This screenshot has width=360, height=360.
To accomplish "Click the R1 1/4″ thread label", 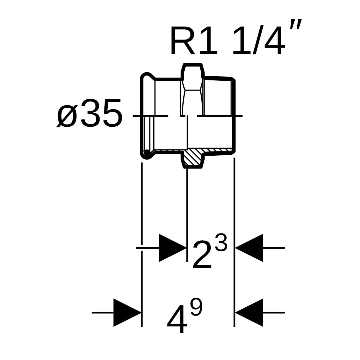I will tap(233, 41).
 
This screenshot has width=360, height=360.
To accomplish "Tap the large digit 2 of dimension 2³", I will tap(202, 256).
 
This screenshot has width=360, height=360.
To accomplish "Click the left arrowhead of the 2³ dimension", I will tap(172, 248).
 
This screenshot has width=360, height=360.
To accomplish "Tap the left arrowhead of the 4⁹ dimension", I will tap(127, 313).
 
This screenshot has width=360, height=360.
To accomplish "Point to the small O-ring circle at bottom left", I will tap(146, 153).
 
